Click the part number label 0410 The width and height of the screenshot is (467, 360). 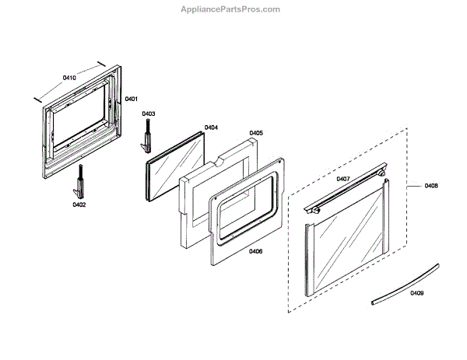tap(69, 79)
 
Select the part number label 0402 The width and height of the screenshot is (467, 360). tap(79, 204)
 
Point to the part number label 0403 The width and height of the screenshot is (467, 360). tap(149, 114)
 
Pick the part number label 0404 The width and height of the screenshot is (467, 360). tap(211, 127)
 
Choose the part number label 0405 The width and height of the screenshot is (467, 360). tap(256, 133)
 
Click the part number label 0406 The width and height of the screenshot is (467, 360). tap(255, 251)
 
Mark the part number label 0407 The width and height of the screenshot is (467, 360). tap(343, 179)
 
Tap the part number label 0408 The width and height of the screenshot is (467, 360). tap(432, 186)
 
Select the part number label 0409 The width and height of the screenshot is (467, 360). tap(417, 293)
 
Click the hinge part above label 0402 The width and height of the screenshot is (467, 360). tap(79, 183)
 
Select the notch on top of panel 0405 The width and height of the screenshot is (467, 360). tap(220, 162)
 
